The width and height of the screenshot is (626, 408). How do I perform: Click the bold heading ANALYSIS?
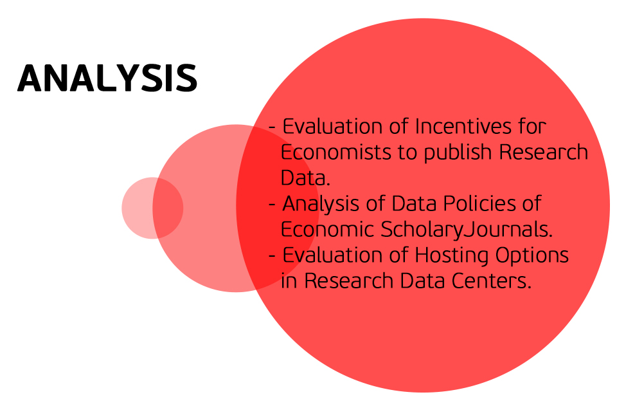107,78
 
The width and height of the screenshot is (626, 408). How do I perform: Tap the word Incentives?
463,126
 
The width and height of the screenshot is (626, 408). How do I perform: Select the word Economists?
335,153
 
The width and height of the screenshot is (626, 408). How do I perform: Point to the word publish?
458,153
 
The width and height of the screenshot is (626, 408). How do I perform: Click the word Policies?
479,203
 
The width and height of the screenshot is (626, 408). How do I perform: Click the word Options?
532,255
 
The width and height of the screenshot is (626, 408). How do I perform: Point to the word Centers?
492,281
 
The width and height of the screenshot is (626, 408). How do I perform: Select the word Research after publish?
543,153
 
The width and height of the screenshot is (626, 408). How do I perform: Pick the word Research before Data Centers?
349,281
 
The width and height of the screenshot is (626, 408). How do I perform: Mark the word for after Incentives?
532,126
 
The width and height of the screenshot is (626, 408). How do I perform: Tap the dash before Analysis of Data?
273,205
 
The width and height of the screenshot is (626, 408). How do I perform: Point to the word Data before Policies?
414,203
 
